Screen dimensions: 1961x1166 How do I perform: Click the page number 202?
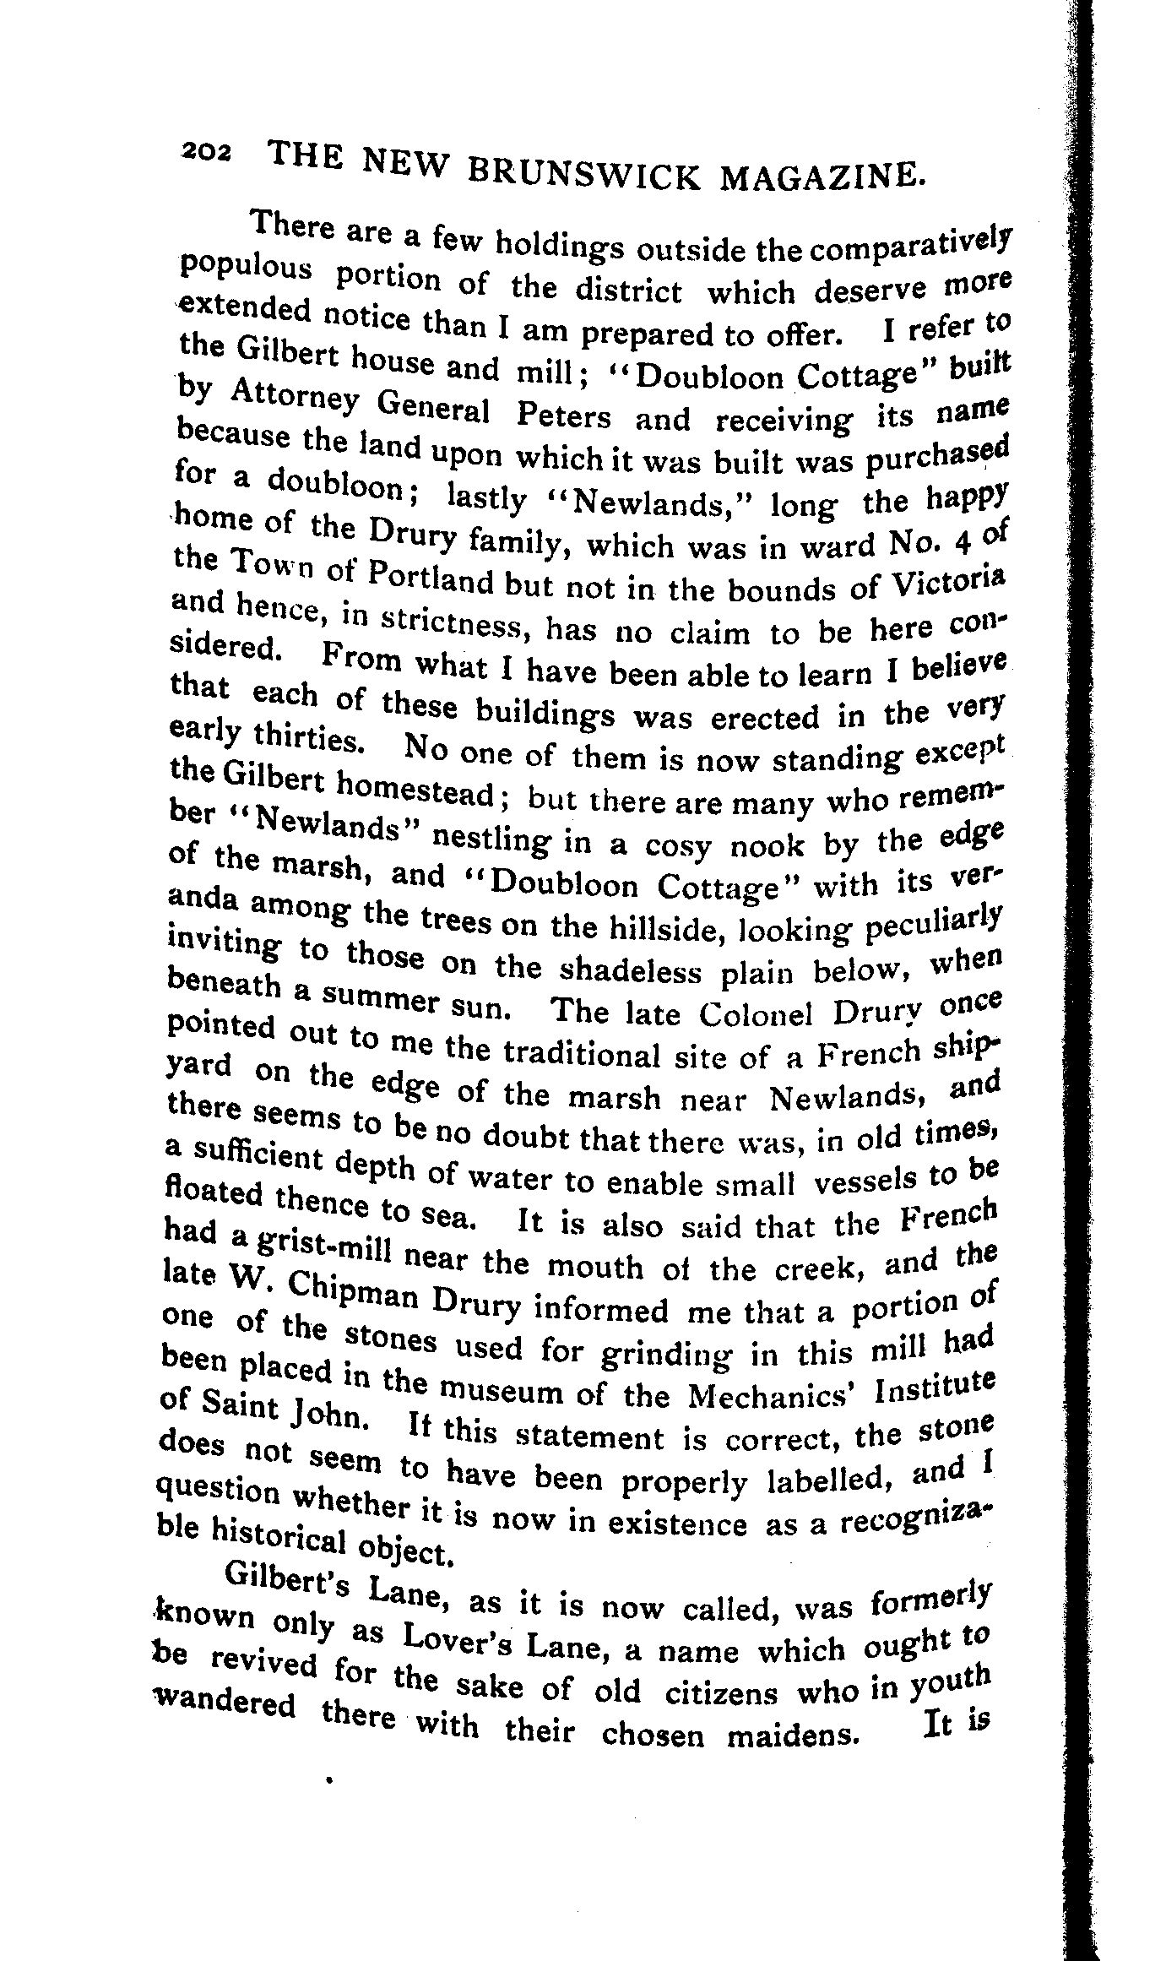(x=208, y=149)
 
